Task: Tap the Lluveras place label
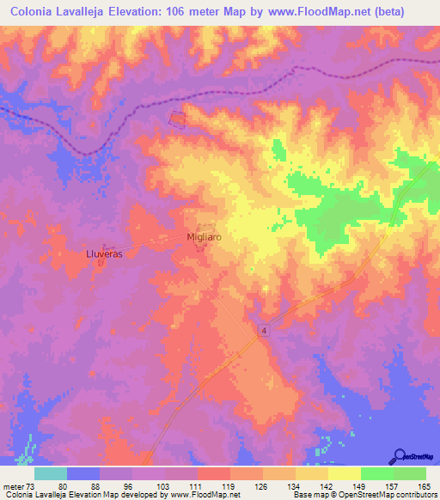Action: pyautogui.click(x=104, y=254)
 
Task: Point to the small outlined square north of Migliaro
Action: pyautogui.click(x=178, y=119)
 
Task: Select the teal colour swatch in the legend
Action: pyautogui.click(x=51, y=473)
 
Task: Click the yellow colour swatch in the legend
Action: pyautogui.click(x=345, y=473)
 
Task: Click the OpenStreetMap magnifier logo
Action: pyautogui.click(x=399, y=457)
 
